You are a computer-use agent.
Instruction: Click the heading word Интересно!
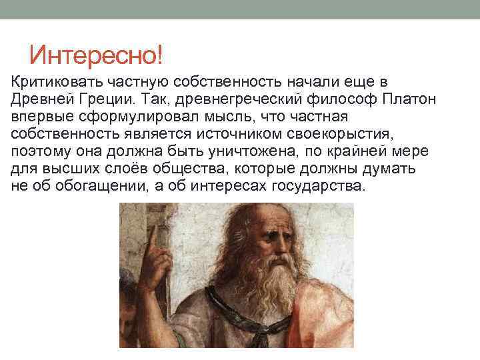tap(96, 53)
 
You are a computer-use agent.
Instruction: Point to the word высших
tap(66, 169)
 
